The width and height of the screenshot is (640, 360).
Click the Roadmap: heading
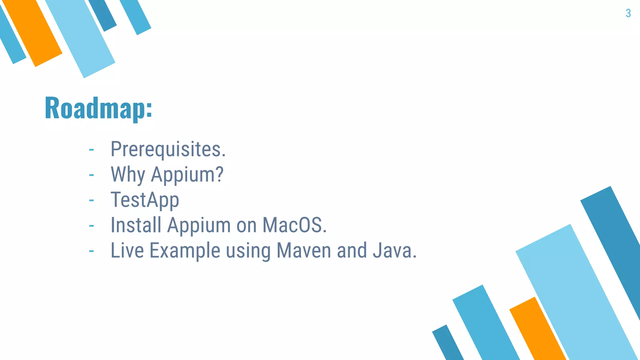98,108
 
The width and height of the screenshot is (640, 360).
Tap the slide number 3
628,13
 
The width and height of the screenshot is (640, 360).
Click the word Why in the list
127,174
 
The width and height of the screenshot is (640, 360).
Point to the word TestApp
145,200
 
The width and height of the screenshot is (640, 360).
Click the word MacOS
294,225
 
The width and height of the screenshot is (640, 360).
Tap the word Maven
304,251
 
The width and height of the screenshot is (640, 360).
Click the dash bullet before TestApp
91,200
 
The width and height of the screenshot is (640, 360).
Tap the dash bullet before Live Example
91,251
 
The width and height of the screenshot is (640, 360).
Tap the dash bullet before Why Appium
91,175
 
